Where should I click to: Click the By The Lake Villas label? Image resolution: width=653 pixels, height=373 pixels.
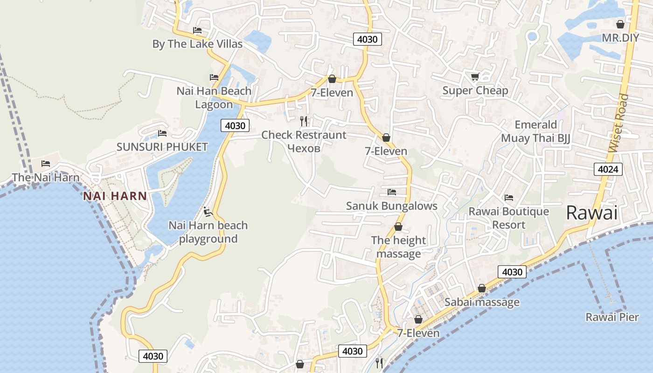pos(197,44)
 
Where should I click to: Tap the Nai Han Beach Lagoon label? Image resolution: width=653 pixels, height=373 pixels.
pos(214,97)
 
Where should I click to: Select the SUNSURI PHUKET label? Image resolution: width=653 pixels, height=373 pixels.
pos(162,147)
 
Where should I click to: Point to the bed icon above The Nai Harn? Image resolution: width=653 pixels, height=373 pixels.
pos(46,164)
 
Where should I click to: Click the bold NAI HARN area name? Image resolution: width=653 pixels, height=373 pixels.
pos(115,196)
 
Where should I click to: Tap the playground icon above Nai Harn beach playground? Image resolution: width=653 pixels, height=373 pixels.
pos(208,212)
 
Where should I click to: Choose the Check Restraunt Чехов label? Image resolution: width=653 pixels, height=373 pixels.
pos(304,141)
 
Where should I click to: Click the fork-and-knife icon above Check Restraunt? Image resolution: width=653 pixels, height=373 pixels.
pos(304,121)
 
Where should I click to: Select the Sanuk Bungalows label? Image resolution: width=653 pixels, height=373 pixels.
pos(392,206)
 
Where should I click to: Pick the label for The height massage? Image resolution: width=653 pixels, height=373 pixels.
pos(398,247)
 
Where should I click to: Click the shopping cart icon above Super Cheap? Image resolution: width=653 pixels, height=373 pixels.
pos(475,76)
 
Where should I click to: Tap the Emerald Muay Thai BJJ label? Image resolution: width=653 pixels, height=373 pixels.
pos(535,131)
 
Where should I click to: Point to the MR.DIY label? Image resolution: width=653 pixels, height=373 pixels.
pos(620,38)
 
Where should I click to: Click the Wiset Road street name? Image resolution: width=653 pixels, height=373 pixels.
pos(618,123)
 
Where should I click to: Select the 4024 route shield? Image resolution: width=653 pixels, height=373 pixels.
pos(609,169)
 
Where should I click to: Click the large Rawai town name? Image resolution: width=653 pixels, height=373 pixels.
pos(591,213)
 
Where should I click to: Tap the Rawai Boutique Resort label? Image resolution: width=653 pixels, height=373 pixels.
pos(509,218)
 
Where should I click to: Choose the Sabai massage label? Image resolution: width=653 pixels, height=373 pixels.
pos(482,302)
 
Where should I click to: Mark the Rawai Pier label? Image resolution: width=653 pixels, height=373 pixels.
pos(612,317)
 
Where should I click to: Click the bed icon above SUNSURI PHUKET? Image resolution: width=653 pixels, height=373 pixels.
pos(162,133)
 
